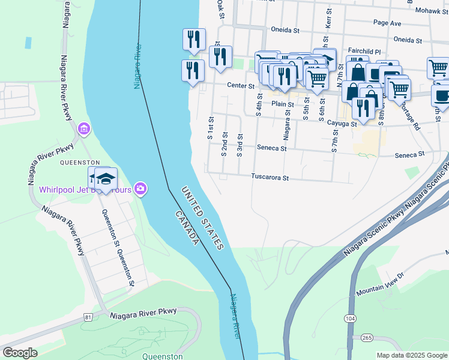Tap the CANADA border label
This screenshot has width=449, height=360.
(x=187, y=227)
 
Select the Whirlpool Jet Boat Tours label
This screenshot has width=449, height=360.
(x=84, y=190)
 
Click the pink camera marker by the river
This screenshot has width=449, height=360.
(x=140, y=189)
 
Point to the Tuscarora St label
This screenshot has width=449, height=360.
(x=270, y=178)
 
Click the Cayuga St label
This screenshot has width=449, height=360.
(x=342, y=124)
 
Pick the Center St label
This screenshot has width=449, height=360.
(x=241, y=86)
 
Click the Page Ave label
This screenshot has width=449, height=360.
(x=387, y=23)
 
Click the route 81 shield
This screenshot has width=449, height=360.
(x=88, y=316)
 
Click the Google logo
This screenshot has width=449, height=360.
(x=20, y=353)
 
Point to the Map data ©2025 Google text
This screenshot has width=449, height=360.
(x=411, y=355)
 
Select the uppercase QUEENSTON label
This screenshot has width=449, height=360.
(x=79, y=163)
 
